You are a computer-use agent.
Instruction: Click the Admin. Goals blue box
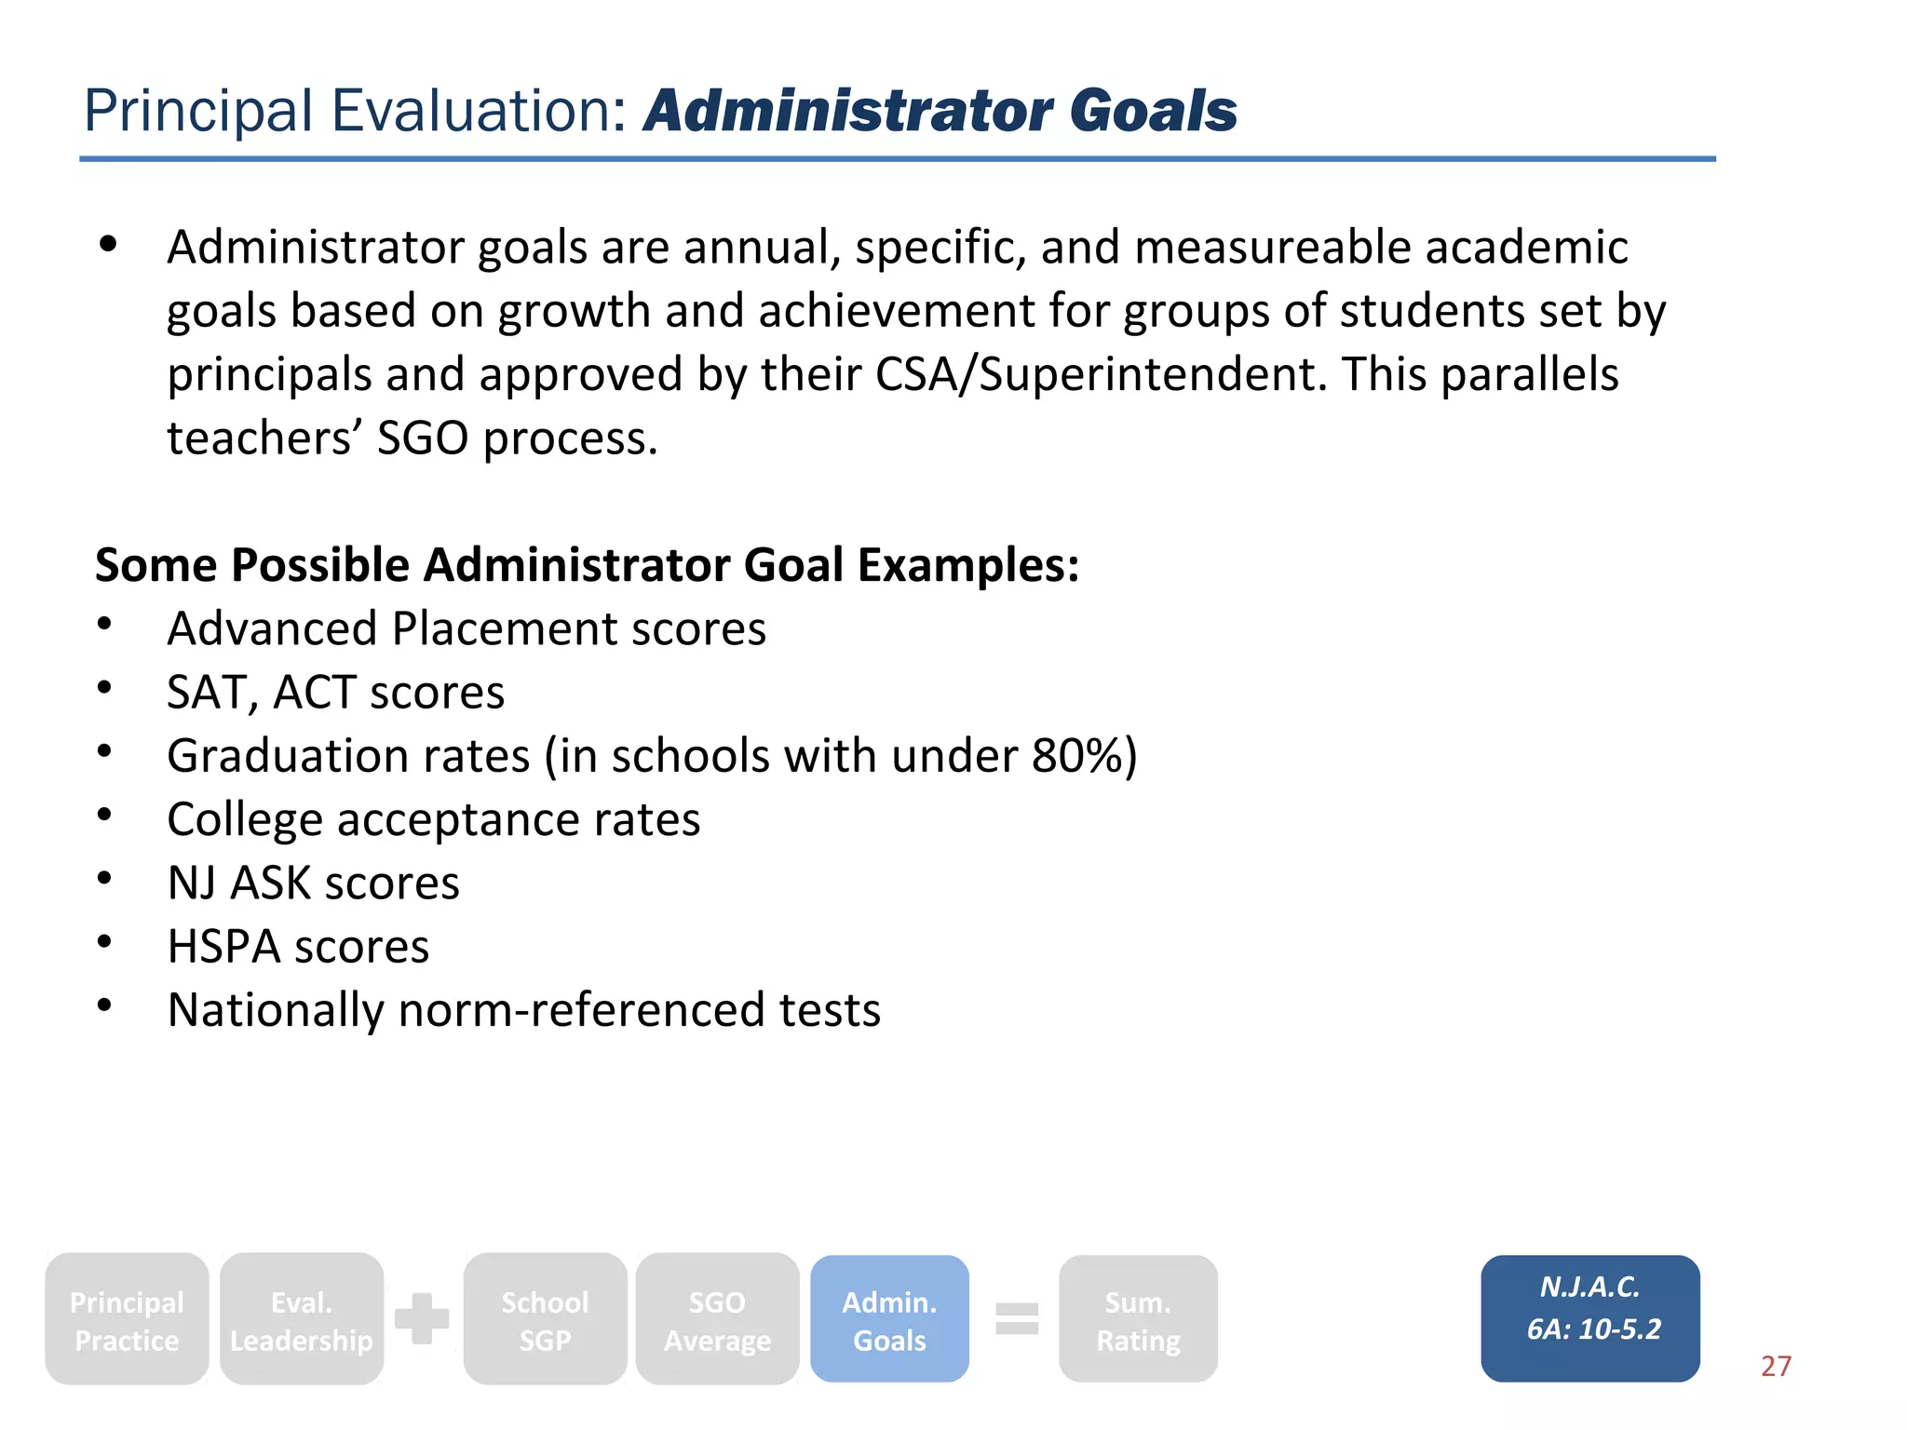click(889, 1319)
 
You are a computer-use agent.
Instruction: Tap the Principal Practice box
click(127, 1319)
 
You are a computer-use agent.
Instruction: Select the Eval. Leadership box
click(301, 1319)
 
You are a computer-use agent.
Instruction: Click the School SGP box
click(545, 1319)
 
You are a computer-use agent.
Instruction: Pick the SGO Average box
click(717, 1319)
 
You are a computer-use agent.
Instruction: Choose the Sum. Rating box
click(1138, 1319)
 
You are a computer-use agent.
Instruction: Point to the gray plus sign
click(422, 1318)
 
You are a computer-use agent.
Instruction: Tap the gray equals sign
click(1016, 1318)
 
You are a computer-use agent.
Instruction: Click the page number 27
click(1776, 1366)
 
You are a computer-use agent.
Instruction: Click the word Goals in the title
click(1153, 111)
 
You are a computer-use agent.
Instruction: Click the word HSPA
click(223, 946)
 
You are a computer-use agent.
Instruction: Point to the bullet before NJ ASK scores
click(105, 878)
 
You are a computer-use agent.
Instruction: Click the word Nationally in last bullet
click(275, 1010)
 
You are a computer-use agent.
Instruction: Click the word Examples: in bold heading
click(967, 565)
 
